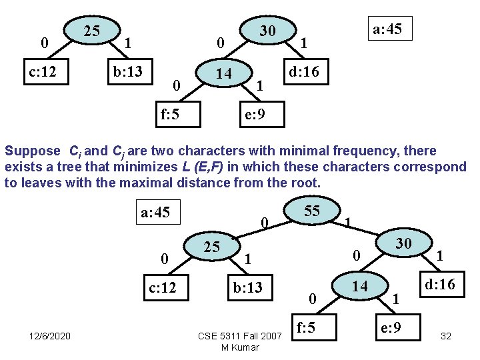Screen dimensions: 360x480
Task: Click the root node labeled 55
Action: point(312,211)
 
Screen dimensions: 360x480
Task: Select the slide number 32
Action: point(446,336)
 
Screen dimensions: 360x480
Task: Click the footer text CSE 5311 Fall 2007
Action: point(240,336)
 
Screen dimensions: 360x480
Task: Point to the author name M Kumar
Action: point(240,347)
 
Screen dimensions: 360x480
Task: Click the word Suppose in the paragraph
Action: point(32,151)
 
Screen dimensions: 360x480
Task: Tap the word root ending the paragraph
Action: point(306,182)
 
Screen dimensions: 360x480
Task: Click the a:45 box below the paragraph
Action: point(155,213)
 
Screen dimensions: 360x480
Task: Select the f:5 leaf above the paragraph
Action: point(170,114)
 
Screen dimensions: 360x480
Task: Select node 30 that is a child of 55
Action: point(403,244)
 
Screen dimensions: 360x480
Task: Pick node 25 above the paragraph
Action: point(91,30)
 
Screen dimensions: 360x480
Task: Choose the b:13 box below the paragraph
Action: point(247,288)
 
